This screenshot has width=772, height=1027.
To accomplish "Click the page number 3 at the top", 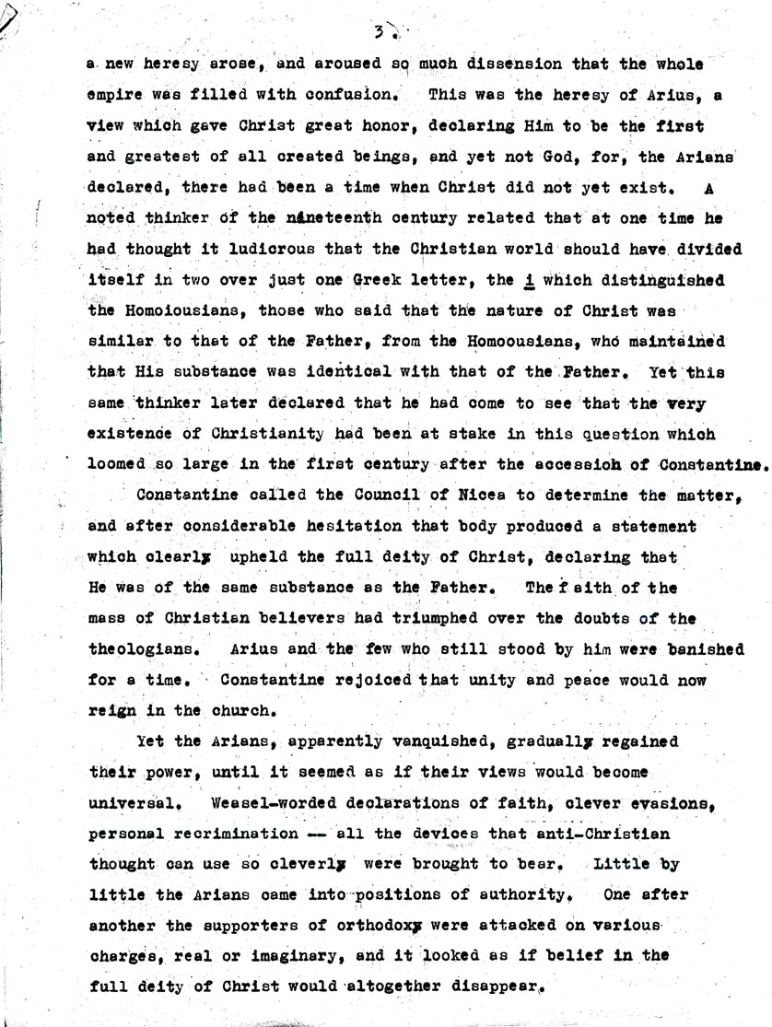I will pyautogui.click(x=379, y=33).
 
